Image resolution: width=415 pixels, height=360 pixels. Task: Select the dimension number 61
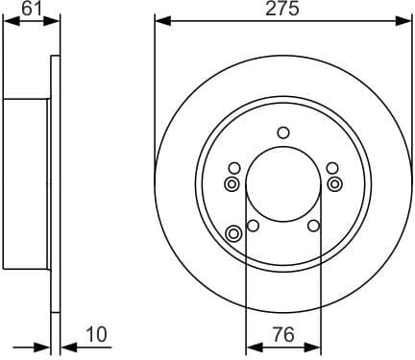point(32,10)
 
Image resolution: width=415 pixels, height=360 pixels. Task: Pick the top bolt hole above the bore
point(282,132)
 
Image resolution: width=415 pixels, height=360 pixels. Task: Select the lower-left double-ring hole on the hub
point(233,232)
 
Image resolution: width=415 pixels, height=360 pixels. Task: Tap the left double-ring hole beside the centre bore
point(232,183)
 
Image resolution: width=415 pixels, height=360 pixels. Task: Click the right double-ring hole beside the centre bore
point(334,183)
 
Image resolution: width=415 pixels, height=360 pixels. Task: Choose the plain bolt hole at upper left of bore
point(234,168)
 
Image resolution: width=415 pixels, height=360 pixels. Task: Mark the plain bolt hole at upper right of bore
point(331,168)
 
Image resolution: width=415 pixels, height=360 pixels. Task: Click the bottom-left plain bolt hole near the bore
point(253,226)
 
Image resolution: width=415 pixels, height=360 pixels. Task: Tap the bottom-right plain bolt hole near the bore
point(313,226)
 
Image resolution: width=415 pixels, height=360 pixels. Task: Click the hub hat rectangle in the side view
point(27,182)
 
